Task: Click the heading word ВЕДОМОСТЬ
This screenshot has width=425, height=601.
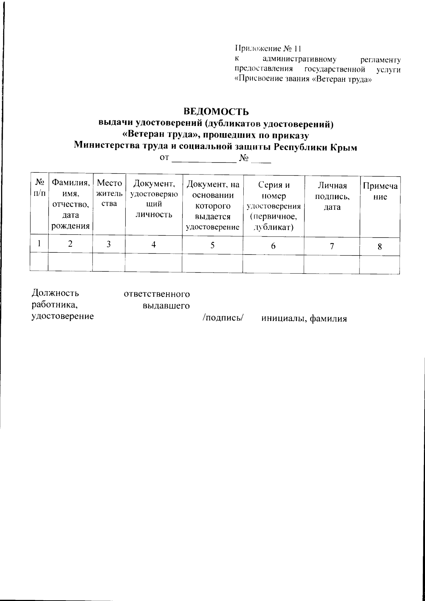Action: point(216,112)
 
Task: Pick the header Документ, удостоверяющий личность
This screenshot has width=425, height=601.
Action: point(154,199)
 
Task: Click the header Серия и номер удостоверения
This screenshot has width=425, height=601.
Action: point(273,206)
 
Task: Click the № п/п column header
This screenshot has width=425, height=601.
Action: point(39,188)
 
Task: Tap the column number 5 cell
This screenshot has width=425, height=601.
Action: point(212,245)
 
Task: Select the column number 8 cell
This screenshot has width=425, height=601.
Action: point(380,246)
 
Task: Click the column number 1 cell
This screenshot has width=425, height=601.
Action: point(39,244)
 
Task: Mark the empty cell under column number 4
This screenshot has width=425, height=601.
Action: point(154,264)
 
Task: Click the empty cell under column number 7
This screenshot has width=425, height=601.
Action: point(332,264)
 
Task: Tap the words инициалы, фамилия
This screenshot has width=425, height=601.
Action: point(304,319)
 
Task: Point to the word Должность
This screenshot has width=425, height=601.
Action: point(55,293)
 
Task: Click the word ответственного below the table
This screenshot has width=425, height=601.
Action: point(157,294)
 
